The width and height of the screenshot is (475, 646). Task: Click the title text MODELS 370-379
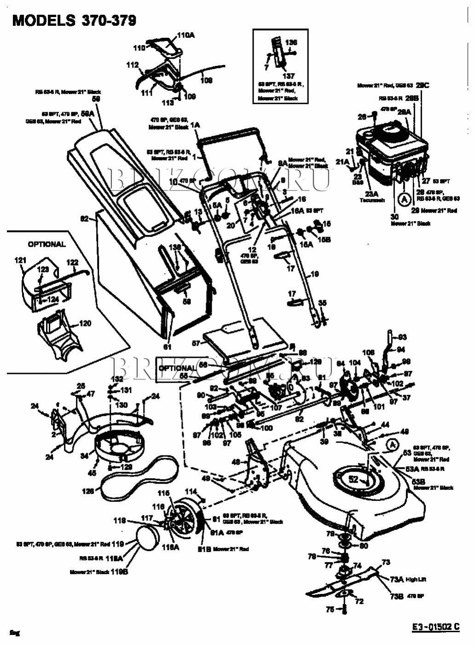[74, 20]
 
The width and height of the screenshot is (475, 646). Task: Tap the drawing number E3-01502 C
[435, 626]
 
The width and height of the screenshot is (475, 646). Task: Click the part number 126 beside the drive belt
[88, 491]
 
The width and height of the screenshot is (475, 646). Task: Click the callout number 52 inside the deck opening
[353, 479]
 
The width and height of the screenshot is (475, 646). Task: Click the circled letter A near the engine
[404, 199]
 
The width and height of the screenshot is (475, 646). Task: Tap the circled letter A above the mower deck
[391, 444]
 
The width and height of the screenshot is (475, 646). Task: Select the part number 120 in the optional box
[85, 323]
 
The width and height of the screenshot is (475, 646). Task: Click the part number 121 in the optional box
[20, 261]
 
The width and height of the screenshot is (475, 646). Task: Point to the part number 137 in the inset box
[289, 76]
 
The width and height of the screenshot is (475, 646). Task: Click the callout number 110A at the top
[186, 35]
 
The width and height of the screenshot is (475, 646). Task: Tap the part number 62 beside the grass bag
[84, 219]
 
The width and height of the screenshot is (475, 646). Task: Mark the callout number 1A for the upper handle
[195, 125]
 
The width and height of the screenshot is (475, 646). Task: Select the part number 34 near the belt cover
[84, 456]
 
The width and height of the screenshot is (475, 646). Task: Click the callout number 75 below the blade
[330, 609]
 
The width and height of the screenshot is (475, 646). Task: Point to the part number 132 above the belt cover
[118, 378]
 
